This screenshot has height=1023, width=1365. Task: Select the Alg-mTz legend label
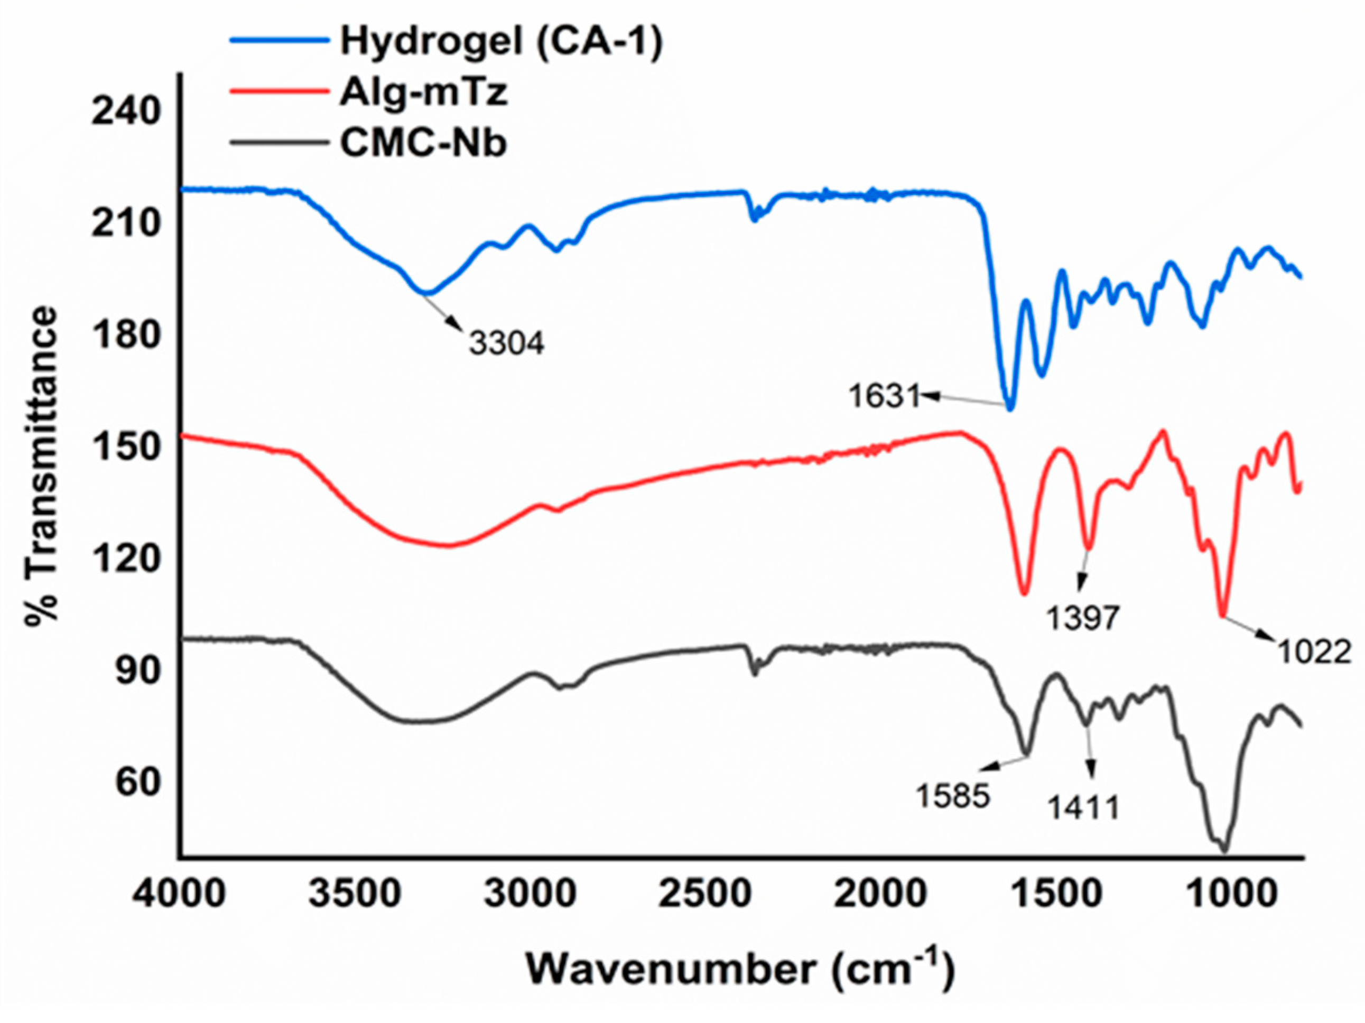[x=423, y=92]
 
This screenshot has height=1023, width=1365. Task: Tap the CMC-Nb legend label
[x=423, y=143]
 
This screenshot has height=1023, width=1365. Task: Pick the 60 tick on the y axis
[x=137, y=782]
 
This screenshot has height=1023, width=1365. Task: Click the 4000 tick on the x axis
[x=179, y=894]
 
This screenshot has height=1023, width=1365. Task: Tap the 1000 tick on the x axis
[x=1231, y=894]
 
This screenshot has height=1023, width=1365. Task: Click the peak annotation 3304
[x=507, y=343]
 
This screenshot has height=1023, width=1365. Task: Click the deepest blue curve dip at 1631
[x=1009, y=408]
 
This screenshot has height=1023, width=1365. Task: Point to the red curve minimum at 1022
[x=1222, y=614]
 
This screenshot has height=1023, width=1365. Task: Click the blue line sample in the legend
[x=280, y=40]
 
